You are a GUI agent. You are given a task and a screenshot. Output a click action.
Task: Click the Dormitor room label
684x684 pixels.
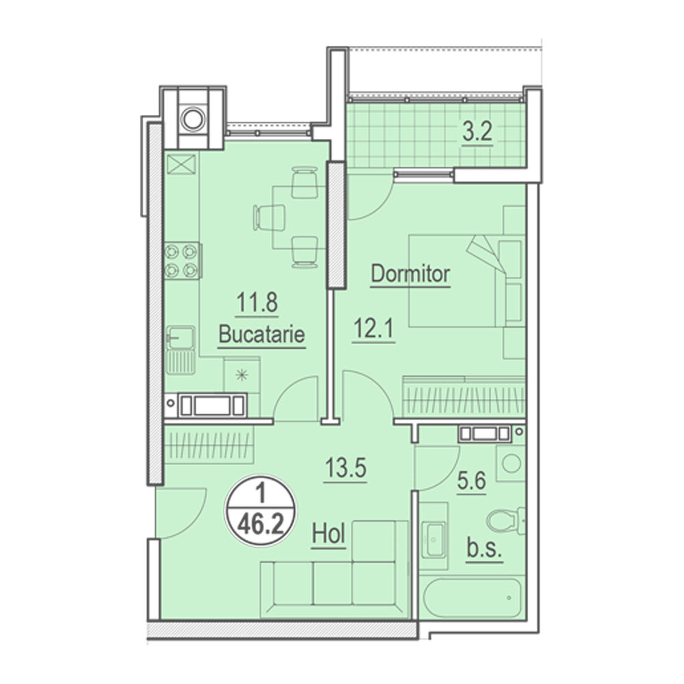410,274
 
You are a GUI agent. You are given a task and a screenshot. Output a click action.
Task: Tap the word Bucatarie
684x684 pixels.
262,334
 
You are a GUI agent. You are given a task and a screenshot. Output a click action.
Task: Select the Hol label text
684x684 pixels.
329,534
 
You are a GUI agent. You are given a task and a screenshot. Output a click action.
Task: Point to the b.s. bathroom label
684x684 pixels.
484,548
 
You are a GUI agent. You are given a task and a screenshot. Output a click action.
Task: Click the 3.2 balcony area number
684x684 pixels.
477,131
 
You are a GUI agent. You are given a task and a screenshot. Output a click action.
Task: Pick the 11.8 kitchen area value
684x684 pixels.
257,302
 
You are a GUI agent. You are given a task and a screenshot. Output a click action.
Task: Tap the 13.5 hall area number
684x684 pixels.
345,468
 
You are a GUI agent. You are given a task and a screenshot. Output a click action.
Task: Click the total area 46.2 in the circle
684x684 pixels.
261,525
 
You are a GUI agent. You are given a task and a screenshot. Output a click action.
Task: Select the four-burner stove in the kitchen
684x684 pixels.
182,261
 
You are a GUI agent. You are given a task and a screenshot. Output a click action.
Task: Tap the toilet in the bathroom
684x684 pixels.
506,521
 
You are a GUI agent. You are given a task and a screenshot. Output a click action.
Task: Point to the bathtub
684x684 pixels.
473,598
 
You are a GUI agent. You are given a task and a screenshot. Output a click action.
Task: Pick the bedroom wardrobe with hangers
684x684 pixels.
464,396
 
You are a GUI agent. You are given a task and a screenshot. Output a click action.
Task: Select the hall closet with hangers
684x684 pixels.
209,445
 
